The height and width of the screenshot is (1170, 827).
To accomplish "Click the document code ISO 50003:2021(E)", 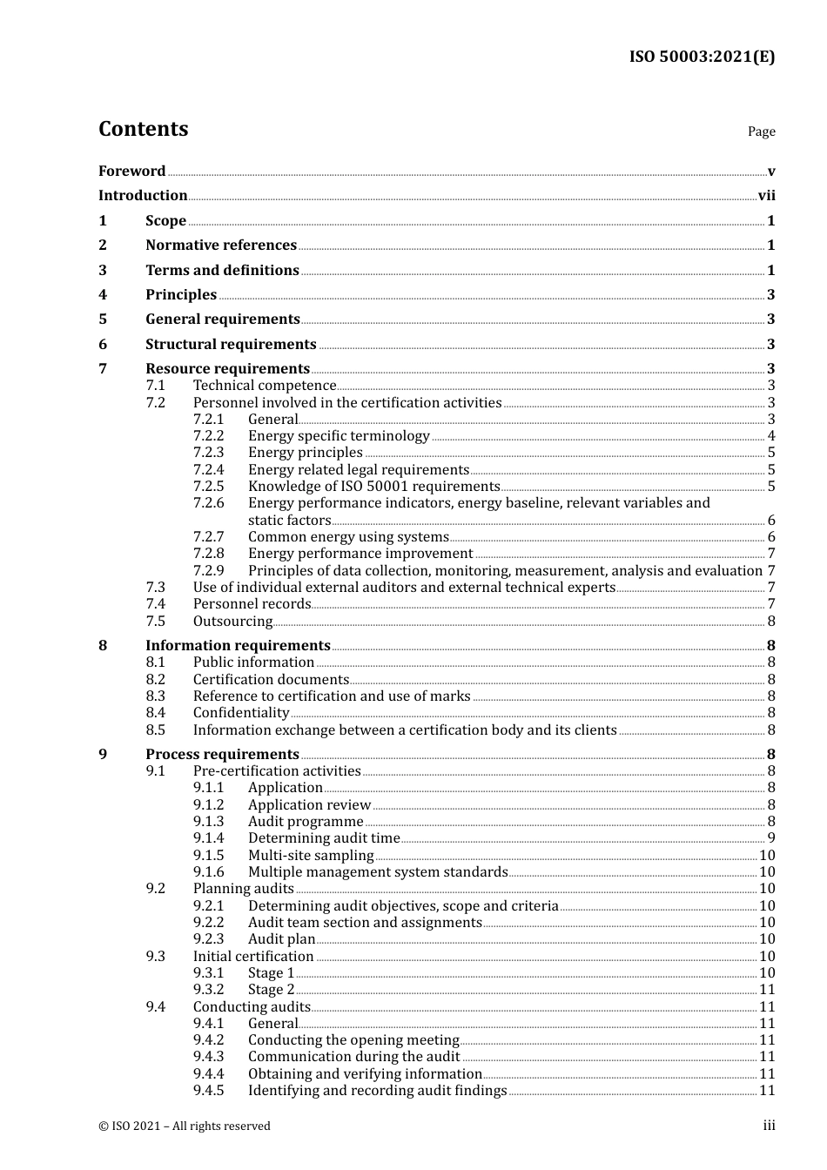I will [x=702, y=57].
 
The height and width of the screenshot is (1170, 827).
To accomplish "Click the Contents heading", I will [x=144, y=129].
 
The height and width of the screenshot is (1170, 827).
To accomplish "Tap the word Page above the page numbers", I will [x=761, y=131].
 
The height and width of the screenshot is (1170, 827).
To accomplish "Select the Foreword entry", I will [x=131, y=171].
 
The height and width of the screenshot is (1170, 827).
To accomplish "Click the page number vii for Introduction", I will [x=766, y=196].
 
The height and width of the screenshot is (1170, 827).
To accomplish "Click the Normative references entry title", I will [x=221, y=245].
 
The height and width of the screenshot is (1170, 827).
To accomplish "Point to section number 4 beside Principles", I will [x=103, y=295].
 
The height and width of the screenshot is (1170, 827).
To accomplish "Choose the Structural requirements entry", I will [x=231, y=345].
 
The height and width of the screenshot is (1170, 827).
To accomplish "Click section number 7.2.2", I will [x=208, y=436].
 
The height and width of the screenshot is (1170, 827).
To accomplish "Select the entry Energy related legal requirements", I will [x=358, y=470].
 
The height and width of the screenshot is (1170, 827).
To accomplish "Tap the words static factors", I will [x=289, y=521].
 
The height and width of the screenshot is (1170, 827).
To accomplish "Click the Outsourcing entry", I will [x=232, y=622].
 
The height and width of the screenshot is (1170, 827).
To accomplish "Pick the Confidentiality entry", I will [x=241, y=713].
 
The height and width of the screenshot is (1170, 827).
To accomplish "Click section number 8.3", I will [x=155, y=696].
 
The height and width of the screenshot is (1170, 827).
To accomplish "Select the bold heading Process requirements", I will [x=222, y=755].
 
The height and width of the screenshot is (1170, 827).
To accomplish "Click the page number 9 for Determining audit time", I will [x=770, y=838].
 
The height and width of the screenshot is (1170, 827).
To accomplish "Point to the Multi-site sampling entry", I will [x=311, y=856].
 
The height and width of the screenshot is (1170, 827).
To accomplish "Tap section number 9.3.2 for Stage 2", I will [x=208, y=990].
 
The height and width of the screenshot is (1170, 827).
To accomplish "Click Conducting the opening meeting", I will [x=353, y=1040].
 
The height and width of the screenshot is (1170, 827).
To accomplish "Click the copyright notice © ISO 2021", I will [x=185, y=1126].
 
